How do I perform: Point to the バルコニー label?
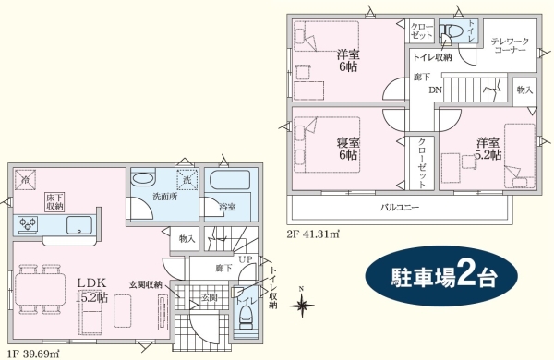tap(399, 208)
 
